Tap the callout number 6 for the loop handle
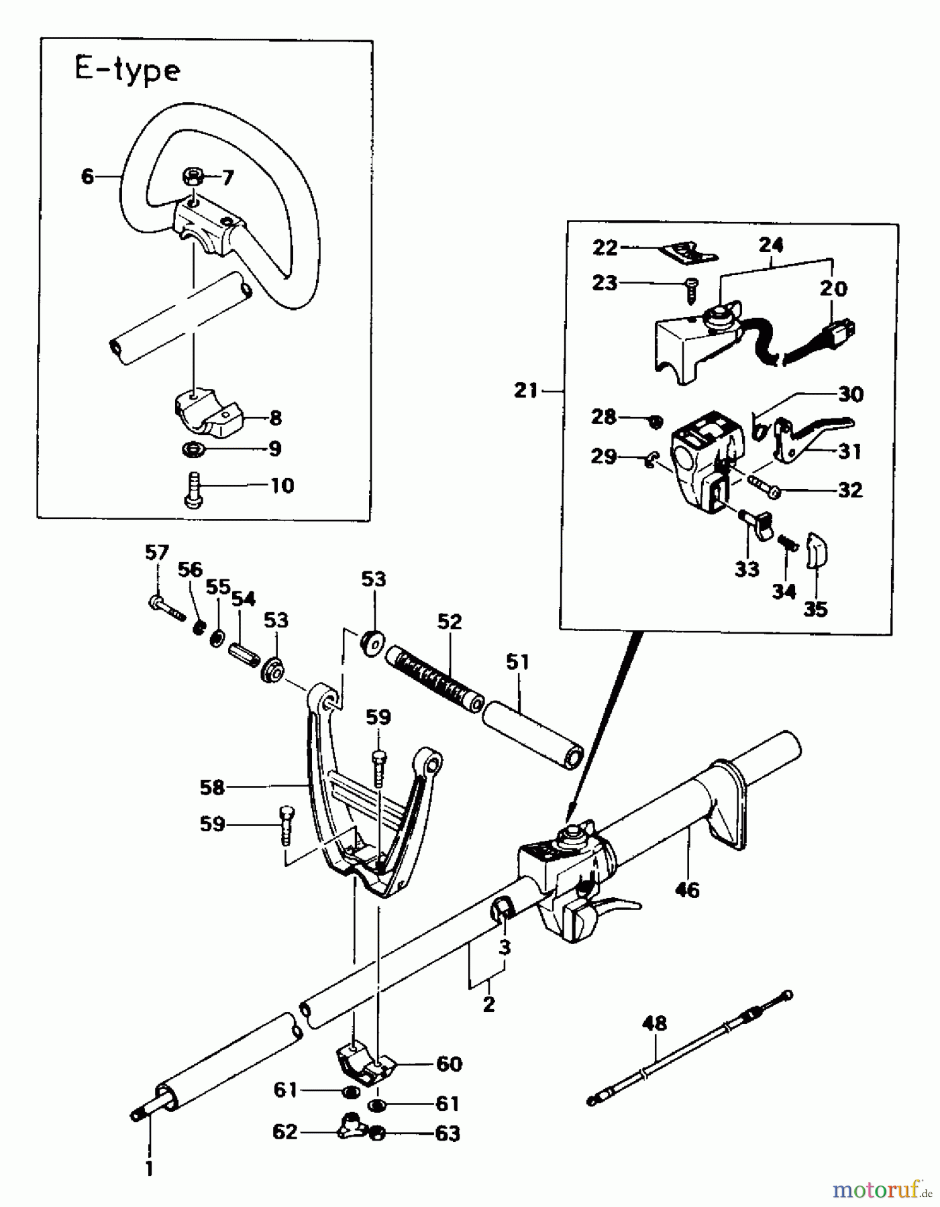tap(87, 177)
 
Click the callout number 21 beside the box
tap(527, 390)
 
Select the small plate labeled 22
tap(687, 253)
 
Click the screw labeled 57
tap(165, 608)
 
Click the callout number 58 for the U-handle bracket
tap(212, 787)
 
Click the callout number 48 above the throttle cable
tap(654, 1024)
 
